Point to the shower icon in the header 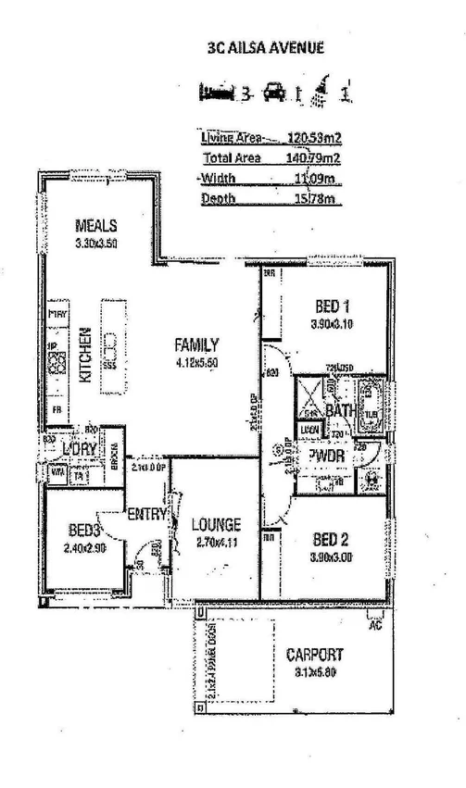[321, 89]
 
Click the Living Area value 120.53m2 [314, 137]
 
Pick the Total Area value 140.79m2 [314, 157]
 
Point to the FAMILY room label [196, 344]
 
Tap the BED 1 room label [333, 306]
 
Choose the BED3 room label [84, 531]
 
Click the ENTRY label [146, 514]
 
